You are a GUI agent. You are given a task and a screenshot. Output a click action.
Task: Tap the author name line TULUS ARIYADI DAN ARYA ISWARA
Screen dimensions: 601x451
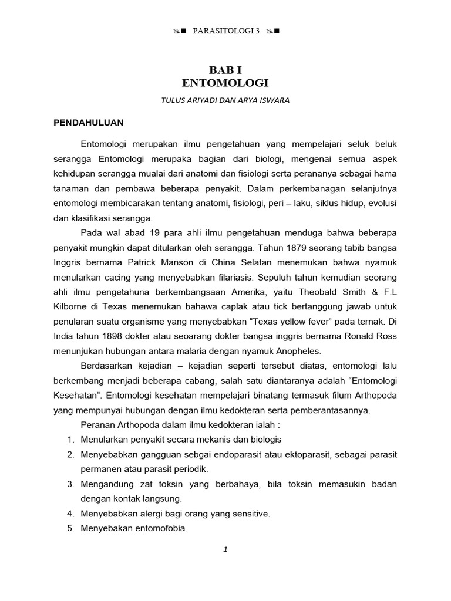[x=225, y=100]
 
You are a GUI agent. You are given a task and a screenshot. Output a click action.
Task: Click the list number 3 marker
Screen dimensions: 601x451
[x=69, y=484]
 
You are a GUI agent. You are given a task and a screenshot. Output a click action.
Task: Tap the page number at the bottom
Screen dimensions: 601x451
[x=225, y=549]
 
